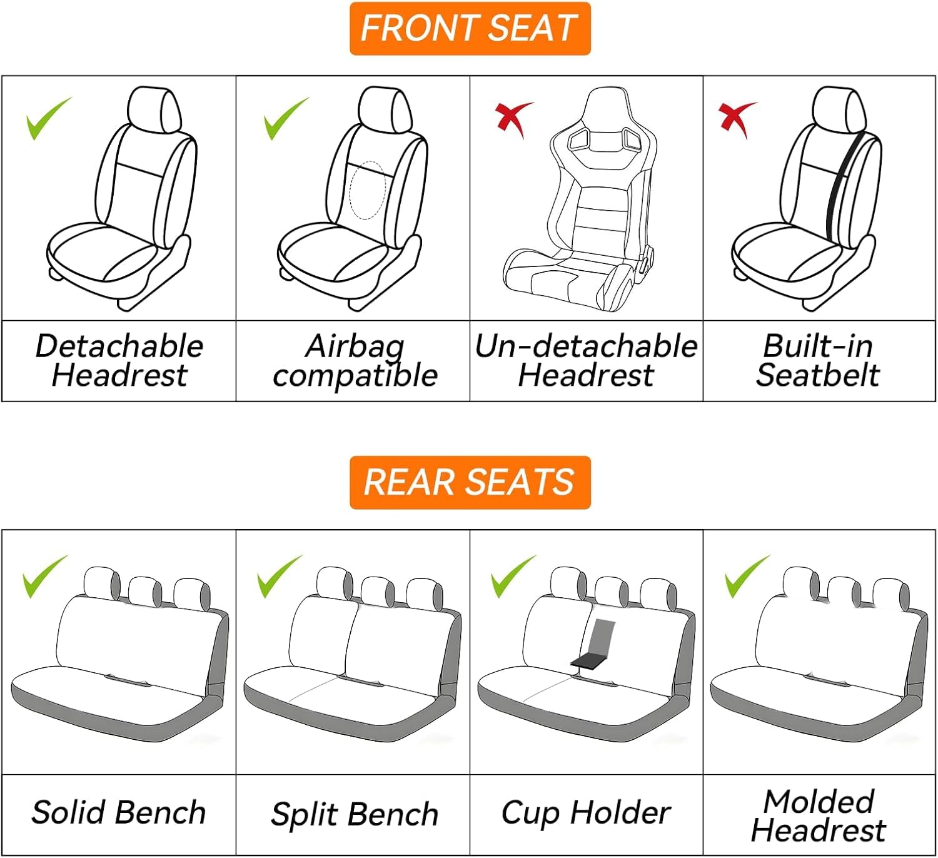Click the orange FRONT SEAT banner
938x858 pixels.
pyautogui.click(x=470, y=29)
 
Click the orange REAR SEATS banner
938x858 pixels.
pyautogui.click(x=470, y=482)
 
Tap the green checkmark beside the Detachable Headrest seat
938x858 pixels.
pyautogui.click(x=49, y=118)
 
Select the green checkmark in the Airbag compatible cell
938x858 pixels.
pyautogui.click(x=286, y=118)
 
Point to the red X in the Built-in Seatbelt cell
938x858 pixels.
pyautogui.click(x=738, y=120)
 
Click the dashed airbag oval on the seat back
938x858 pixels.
pyautogui.click(x=368, y=190)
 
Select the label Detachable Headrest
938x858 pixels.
pyautogui.click(x=119, y=361)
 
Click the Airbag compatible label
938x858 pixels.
pyautogui.click(x=355, y=361)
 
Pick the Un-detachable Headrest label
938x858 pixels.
pyautogui.click(x=586, y=361)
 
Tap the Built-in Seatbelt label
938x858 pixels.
pyautogui.click(x=818, y=361)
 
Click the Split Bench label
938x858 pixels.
pyautogui.click(x=355, y=815)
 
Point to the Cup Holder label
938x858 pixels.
pyautogui.click(x=586, y=814)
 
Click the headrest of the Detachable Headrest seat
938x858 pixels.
pyautogui.click(x=154, y=111)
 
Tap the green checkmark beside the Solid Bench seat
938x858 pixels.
pyautogui.click(x=46, y=577)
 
